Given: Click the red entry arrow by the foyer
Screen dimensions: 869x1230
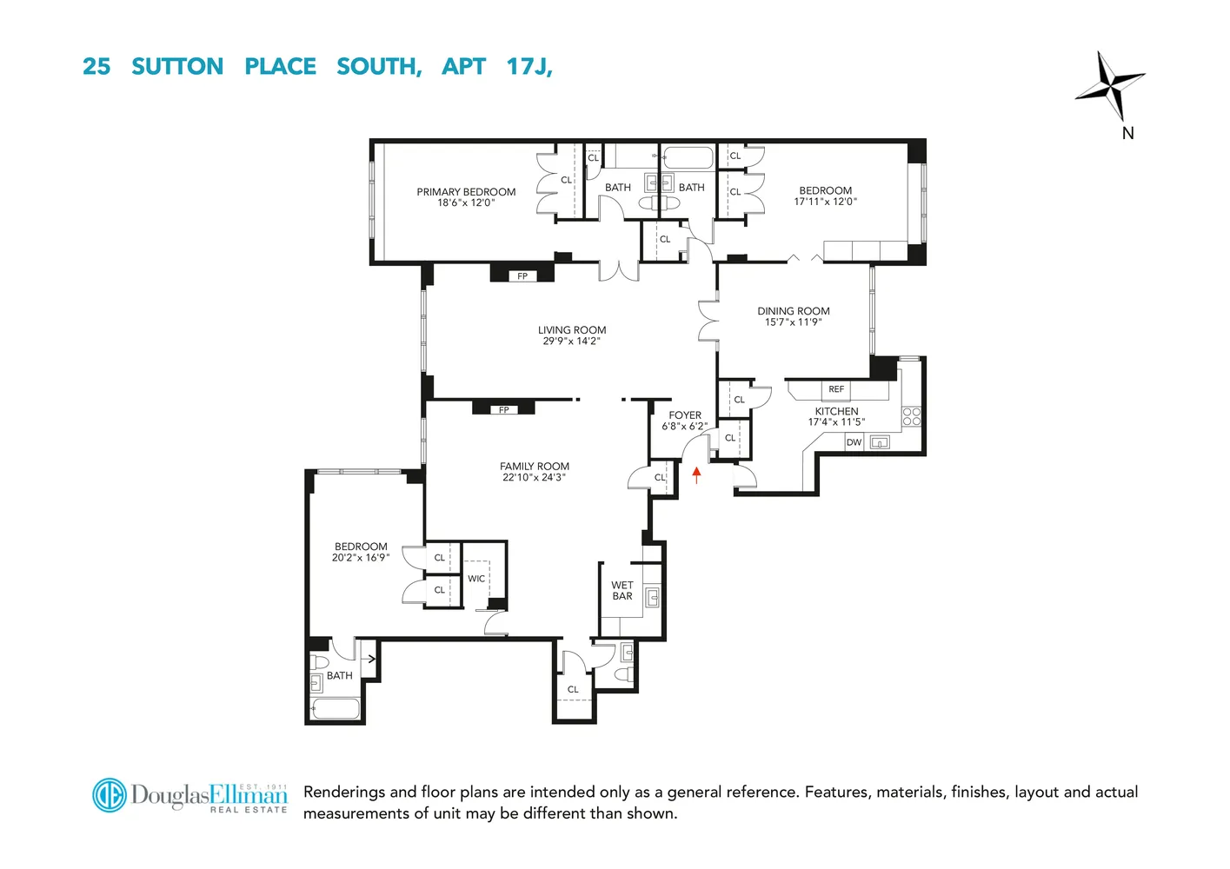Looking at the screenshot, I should [x=696, y=474].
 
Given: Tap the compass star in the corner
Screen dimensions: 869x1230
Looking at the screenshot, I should [x=1110, y=85].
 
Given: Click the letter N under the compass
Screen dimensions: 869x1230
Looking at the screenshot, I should [x=1127, y=133].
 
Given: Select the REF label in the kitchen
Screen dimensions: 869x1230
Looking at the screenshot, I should [x=836, y=389].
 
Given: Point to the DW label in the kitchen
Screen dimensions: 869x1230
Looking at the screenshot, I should [x=854, y=442].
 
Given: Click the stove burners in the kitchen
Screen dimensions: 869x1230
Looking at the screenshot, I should [x=911, y=416].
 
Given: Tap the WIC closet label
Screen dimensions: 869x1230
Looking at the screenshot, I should [x=476, y=579].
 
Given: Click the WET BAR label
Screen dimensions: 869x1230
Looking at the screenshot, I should [x=622, y=591].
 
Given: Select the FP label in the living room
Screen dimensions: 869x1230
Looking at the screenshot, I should [x=522, y=276].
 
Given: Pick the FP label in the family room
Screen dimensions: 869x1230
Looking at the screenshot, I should [x=504, y=410].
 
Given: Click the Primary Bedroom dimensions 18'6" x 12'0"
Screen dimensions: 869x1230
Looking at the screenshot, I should [x=466, y=203].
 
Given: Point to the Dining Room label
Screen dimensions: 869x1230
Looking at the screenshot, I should [x=794, y=311].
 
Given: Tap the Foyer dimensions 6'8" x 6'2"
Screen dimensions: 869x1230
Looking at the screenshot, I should [x=685, y=427].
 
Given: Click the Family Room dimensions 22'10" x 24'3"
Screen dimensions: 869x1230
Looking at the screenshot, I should [x=535, y=477].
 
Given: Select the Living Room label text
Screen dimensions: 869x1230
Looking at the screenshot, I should [x=572, y=330].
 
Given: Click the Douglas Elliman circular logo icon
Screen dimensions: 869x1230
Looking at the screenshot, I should [x=110, y=795].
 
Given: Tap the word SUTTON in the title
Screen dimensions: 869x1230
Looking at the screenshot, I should [x=177, y=67].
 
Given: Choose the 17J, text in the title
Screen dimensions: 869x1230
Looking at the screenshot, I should [x=529, y=67].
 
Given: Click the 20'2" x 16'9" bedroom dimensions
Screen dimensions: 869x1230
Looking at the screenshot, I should [x=361, y=558].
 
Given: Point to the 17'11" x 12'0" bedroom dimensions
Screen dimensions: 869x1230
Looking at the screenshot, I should [x=825, y=202].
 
